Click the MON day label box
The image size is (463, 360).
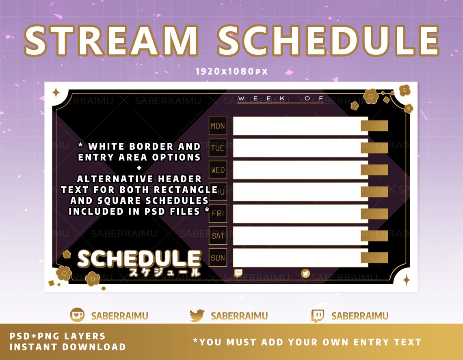tap(218, 126)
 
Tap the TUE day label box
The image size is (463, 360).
tap(218, 148)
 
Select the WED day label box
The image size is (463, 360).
tap(218, 170)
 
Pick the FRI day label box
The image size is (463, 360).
tap(218, 213)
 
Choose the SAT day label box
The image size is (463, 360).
tap(218, 235)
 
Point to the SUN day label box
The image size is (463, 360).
tap(218, 257)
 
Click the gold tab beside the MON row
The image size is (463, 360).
tap(374, 126)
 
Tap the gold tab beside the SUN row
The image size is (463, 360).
tap(374, 258)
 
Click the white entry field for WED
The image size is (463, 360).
tap(300, 170)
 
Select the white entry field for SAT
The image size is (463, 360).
tap(300, 236)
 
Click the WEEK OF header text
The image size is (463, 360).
tap(280, 99)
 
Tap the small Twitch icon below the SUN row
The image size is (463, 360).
tap(238, 273)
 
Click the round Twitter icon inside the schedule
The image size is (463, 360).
tap(305, 273)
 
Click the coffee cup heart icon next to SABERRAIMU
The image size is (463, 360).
tap(77, 315)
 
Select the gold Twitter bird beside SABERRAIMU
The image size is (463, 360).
tap(197, 315)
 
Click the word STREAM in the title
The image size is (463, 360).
tap(111, 41)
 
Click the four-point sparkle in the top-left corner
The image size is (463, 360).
tap(56, 93)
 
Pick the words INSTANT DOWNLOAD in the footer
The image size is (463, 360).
tap(67, 347)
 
